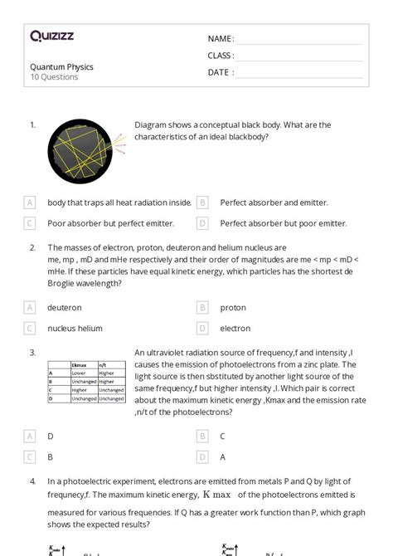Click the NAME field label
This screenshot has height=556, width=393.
[221, 39]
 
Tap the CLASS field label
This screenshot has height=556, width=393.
[221, 56]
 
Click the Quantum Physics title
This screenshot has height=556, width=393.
[61, 66]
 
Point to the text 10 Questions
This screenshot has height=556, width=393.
[54, 77]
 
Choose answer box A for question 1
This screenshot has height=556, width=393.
[30, 202]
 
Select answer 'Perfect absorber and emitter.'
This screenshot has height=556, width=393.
[274, 202]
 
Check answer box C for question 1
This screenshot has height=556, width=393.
[30, 222]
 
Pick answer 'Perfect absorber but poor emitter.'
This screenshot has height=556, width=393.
[283, 222]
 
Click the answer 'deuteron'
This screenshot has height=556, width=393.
[65, 307]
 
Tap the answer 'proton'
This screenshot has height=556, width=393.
[233, 307]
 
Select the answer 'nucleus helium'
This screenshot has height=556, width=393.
[75, 328]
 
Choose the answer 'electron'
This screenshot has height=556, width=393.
[235, 328]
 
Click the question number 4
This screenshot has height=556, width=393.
[32, 480]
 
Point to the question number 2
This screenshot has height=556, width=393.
[32, 247]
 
